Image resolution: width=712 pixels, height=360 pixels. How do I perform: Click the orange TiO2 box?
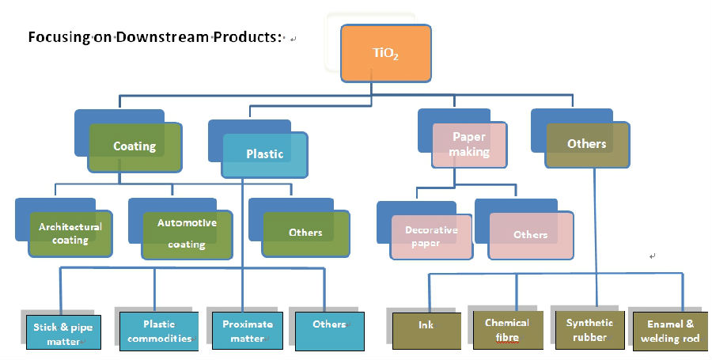coord(385,54)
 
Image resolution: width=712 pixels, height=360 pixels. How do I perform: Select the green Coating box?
coord(134,147)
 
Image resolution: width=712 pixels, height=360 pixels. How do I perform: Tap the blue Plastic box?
coord(264,155)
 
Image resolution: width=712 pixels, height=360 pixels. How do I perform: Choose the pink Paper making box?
coord(469,145)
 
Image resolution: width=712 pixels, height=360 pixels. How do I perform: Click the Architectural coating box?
coord(70,233)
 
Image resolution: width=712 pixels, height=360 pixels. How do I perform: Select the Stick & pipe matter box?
coord(63,332)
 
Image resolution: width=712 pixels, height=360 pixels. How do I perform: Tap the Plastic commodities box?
coord(159,331)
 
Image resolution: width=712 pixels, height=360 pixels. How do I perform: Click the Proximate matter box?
coord(248,331)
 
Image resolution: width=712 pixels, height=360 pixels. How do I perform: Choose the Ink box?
coord(426,331)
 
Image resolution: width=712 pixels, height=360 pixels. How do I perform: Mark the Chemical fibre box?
coord(508,330)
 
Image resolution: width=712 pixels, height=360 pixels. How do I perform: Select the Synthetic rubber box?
coord(589,330)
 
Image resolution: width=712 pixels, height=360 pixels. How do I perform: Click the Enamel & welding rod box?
coord(670,332)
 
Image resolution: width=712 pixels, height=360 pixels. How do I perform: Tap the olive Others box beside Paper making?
coord(587,145)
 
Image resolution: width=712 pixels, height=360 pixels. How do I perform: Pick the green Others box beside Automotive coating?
coord(305,233)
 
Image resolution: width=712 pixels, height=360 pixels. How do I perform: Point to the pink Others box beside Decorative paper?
coord(530,235)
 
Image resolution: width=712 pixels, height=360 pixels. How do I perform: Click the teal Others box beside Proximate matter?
coord(330,331)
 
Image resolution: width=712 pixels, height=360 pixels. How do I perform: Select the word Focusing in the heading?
coord(59,37)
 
